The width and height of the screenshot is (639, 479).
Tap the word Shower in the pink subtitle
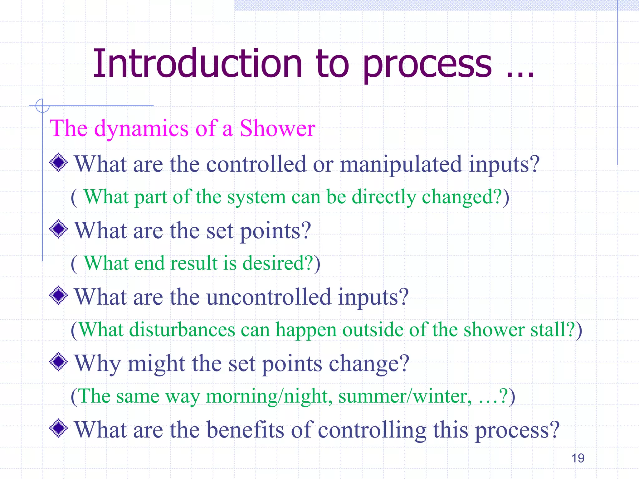(x=277, y=128)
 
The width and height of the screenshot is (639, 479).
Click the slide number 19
(x=578, y=458)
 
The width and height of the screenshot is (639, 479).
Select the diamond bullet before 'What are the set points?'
(x=59, y=229)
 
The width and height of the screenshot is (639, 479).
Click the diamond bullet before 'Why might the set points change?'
(x=59, y=362)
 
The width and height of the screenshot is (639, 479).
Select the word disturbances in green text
(x=182, y=330)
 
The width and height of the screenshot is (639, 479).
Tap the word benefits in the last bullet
(x=245, y=430)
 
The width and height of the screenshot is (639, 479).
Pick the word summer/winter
(x=405, y=396)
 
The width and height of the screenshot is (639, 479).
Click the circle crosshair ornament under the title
(x=42, y=106)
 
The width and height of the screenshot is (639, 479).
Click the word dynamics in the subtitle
(x=141, y=128)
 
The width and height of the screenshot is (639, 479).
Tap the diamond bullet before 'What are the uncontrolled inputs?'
(x=59, y=295)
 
